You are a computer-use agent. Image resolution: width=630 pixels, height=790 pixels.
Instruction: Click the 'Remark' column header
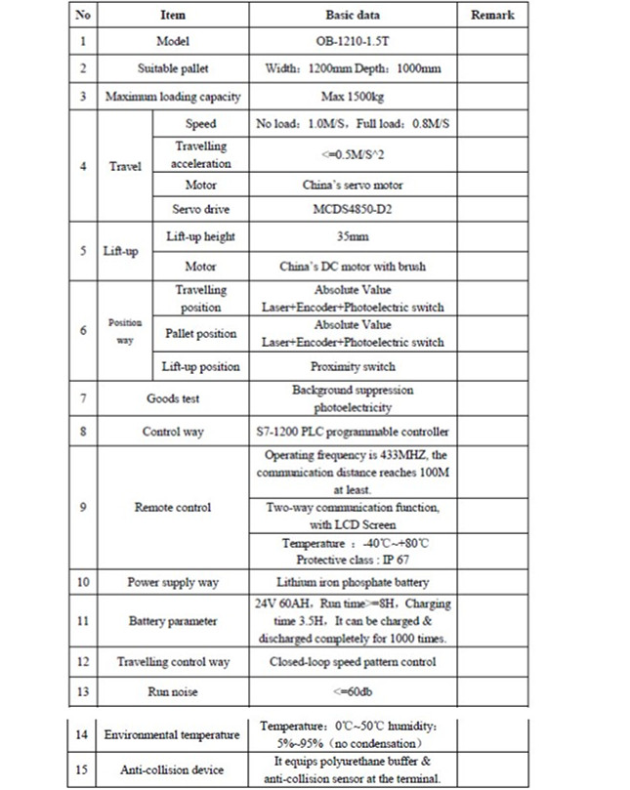coord(492,16)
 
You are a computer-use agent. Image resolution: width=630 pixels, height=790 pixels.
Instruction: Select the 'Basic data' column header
coord(353,16)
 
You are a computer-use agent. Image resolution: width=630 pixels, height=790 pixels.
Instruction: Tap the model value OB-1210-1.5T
coord(353,42)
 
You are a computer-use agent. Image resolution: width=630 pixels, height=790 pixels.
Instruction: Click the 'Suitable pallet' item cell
coord(173,69)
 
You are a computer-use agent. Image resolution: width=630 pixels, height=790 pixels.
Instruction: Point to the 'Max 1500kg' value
coord(353,97)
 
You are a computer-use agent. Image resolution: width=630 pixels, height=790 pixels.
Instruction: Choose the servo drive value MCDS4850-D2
coord(353,209)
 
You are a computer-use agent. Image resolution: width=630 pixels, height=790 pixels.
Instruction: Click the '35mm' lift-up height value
coord(353,236)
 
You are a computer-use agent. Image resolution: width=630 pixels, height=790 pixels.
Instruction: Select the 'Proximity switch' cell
coord(353,367)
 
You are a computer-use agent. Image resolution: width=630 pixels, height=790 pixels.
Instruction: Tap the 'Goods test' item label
coord(173,398)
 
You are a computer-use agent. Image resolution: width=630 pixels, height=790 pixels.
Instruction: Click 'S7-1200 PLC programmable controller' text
coord(353,432)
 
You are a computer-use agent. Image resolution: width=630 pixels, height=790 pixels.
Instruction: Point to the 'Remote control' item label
coord(173,508)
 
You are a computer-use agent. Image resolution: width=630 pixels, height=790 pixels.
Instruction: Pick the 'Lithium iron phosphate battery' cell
coord(353,583)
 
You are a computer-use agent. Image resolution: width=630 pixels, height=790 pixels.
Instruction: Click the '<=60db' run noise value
coord(353,691)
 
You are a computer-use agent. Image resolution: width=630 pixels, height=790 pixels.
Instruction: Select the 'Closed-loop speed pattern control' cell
coord(353,662)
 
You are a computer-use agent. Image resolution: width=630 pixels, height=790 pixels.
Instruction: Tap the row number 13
coord(83,691)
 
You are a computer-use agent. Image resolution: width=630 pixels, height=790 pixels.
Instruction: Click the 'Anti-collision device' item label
coord(173,769)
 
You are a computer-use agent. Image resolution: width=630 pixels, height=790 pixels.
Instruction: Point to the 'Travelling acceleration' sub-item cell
coord(201,154)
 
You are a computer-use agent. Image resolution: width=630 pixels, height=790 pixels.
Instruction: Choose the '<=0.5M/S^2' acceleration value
coord(353,154)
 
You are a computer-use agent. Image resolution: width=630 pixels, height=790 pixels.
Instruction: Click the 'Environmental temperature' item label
coord(173,734)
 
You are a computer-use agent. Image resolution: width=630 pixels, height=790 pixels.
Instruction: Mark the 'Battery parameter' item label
coord(173,621)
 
